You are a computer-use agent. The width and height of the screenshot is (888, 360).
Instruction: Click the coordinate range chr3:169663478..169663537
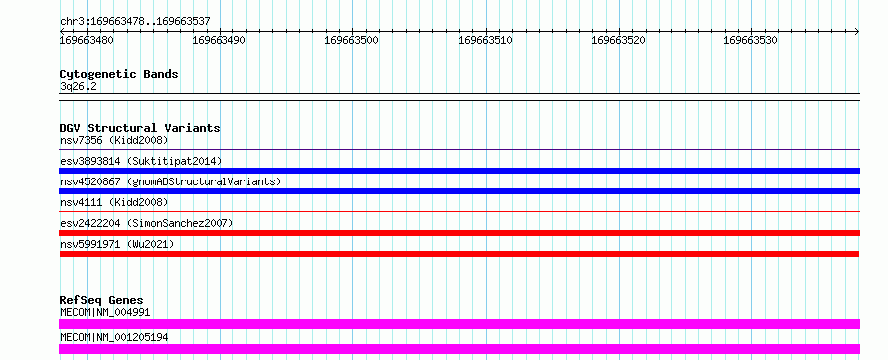tap(135, 22)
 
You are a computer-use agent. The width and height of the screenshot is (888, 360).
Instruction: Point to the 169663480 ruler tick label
tap(86, 40)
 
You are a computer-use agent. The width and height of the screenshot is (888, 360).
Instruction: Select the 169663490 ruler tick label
tap(220, 40)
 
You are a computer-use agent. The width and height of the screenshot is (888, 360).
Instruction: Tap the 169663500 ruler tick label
tap(351, 40)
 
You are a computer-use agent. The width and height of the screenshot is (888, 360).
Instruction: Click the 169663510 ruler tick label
tap(485, 40)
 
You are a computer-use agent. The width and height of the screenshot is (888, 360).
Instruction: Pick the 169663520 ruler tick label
tap(618, 40)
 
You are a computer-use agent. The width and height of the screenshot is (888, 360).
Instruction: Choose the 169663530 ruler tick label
tap(751, 40)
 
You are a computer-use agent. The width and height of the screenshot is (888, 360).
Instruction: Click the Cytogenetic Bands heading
tap(119, 74)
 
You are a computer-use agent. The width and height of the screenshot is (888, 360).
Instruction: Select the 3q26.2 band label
tap(74, 87)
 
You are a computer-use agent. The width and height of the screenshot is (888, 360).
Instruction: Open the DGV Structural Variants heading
tap(140, 128)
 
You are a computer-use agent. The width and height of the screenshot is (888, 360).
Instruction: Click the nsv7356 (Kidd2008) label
tap(114, 140)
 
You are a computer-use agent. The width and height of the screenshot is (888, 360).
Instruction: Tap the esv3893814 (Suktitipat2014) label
tap(141, 161)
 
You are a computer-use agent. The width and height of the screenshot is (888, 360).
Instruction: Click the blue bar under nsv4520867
tap(459, 191)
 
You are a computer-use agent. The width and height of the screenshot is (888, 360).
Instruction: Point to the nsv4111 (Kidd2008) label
tap(114, 202)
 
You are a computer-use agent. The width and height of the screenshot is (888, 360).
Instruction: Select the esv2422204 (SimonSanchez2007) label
tap(146, 223)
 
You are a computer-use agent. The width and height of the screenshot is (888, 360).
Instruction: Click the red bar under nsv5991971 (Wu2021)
tap(459, 254)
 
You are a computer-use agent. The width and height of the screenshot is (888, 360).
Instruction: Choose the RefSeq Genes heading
tap(102, 300)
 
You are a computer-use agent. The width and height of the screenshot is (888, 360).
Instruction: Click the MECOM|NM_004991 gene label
tap(105, 312)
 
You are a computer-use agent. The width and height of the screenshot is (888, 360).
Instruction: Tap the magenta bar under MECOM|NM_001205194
tap(459, 349)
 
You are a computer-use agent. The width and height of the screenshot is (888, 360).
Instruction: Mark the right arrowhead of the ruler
tap(857, 31)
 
